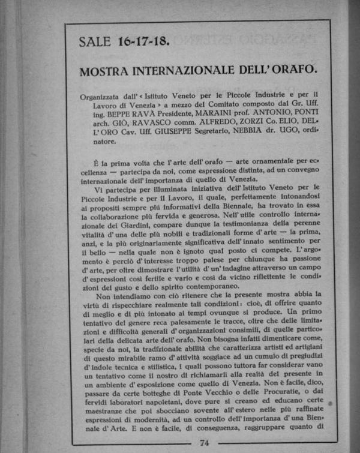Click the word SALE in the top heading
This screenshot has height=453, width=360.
(x=95, y=41)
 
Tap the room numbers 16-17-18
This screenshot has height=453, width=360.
(x=143, y=41)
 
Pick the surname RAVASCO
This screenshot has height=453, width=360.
(x=136, y=125)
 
